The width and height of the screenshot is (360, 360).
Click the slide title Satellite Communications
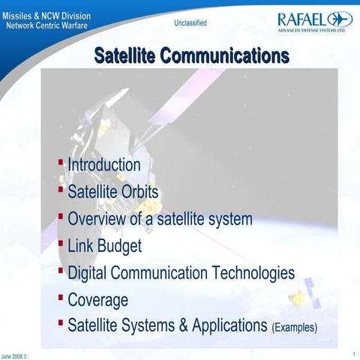191,55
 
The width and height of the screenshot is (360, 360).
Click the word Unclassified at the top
190,23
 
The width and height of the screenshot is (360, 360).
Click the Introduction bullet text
103,164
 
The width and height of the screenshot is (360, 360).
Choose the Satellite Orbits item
113,191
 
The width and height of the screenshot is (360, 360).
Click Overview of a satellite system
160,219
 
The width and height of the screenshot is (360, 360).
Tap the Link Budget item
104,245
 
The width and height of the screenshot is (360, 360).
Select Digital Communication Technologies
181,273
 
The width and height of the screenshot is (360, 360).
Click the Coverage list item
97,300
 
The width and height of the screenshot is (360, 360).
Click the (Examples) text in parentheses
294,328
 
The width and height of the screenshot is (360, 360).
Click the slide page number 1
352,353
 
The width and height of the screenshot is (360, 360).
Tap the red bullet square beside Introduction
61,161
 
